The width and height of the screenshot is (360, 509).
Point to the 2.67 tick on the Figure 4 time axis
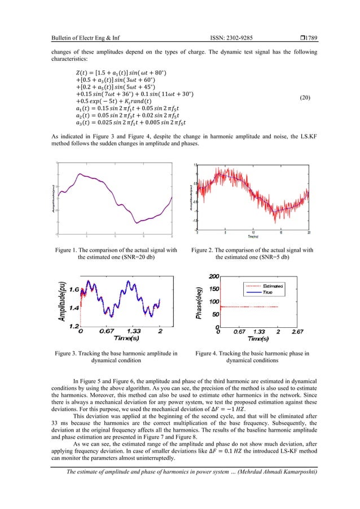298,332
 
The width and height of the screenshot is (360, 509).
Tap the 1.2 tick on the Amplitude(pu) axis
72,326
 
